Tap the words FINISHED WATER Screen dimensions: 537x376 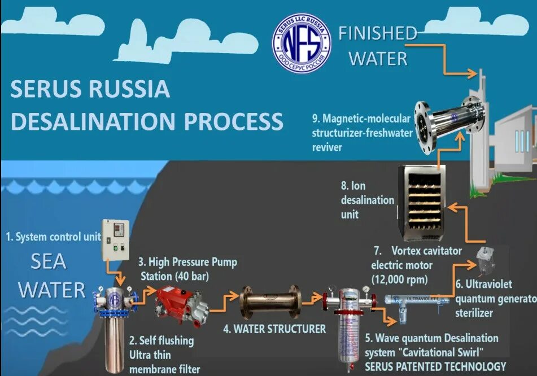378,45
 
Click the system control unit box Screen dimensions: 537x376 115,240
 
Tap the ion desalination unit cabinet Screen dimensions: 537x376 424,202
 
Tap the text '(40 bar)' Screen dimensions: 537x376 191,277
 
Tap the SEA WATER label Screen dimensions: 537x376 51,276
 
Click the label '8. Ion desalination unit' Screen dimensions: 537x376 359,199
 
